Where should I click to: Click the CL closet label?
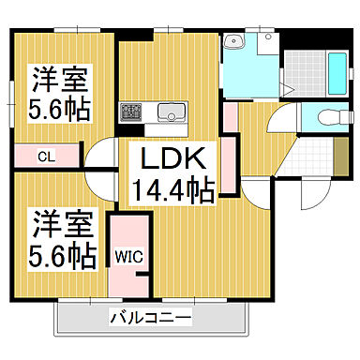tap(44, 156)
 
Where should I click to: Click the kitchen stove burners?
tap(129, 112)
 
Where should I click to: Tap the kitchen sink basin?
tap(172, 112)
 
